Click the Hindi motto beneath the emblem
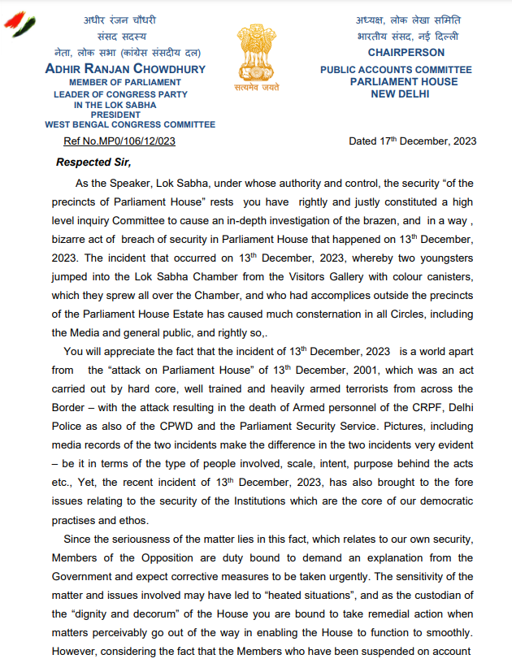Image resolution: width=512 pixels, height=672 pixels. [x=258, y=88]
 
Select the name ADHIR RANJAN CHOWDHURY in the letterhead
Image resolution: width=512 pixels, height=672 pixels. [x=125, y=69]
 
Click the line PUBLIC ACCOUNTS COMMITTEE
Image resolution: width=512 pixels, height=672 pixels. [x=396, y=70]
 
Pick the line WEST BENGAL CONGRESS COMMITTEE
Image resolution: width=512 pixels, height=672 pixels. [x=130, y=124]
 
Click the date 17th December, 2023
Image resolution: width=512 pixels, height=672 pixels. [x=412, y=141]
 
